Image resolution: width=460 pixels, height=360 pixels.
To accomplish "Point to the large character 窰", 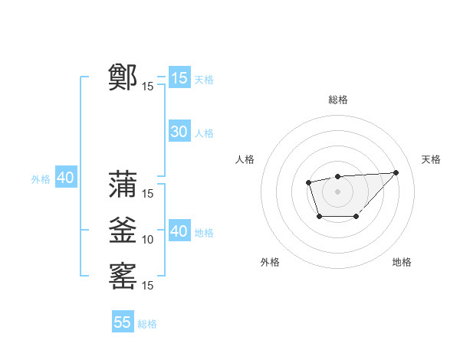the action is [123, 276].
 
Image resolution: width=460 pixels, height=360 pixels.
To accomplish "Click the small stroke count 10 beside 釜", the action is [148, 240].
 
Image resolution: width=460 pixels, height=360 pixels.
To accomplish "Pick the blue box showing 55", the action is [123, 322].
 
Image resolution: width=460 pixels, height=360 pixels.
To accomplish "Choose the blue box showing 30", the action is [179, 132].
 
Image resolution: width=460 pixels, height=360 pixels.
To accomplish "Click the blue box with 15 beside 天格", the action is [179, 77].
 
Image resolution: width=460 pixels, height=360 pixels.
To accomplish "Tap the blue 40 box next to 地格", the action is [179, 231].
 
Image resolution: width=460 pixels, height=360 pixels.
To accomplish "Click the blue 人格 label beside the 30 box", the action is [204, 133].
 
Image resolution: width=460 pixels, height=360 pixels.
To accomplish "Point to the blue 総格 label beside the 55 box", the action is [147, 324].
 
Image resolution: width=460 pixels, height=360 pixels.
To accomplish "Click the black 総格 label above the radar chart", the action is [337, 100].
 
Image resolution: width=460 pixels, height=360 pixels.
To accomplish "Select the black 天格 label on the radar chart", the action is [431, 159].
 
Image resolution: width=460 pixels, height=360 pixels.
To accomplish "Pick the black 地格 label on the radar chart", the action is [402, 262].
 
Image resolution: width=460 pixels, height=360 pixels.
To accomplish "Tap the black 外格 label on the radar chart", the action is [270, 262].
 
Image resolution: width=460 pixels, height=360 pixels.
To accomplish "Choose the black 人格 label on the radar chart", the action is [245, 159].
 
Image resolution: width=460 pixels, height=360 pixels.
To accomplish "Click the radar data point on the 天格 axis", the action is [396, 172].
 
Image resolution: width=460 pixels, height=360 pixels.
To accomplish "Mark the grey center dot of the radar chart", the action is [337, 191].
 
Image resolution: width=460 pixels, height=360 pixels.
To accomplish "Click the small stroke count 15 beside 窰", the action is [148, 286].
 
